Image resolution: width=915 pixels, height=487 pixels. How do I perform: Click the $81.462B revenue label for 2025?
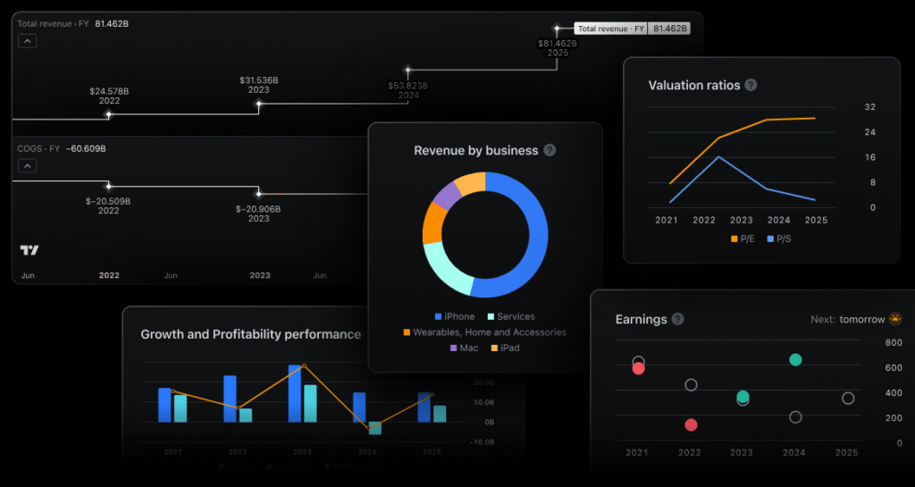558,43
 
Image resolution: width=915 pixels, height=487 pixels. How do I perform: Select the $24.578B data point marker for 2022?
109,114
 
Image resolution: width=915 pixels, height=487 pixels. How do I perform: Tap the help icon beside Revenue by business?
550,150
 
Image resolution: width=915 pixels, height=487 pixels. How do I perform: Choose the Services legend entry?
510,316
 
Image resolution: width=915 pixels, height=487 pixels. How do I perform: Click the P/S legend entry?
779,239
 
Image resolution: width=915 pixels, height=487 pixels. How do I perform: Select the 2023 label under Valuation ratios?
741,220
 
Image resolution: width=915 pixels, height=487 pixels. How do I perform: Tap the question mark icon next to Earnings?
678,319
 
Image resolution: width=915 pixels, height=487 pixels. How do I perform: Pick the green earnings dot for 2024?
795,359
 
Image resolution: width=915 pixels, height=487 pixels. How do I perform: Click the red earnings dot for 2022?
691,425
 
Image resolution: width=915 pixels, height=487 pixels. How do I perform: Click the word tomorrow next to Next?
861,319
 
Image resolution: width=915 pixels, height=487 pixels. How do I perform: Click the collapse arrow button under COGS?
27,165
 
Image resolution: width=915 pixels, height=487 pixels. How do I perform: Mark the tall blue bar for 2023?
294,393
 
